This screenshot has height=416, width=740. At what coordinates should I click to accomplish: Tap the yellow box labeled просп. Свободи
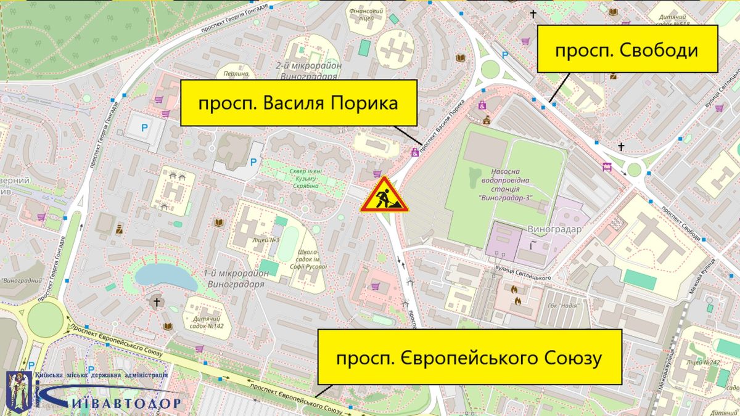[x=628, y=49]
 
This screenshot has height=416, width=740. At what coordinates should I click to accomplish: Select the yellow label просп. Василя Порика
[x=298, y=103]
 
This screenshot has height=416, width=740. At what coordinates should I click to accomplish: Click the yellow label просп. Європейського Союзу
[x=469, y=357]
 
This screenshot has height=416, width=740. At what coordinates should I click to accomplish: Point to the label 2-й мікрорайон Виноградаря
[x=306, y=71]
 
